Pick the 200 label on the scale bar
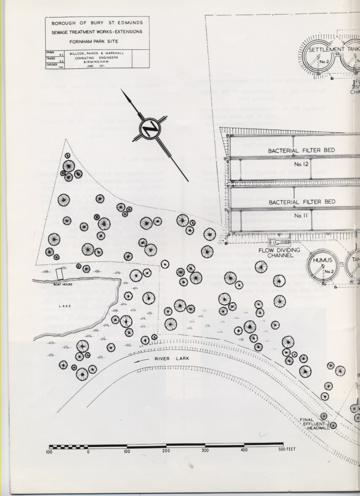(x=166, y=451)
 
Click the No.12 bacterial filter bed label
(x=300, y=163)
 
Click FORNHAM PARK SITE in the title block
(x=97, y=42)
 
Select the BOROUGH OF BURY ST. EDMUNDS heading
(x=97, y=23)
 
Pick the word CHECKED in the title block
(x=51, y=64)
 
